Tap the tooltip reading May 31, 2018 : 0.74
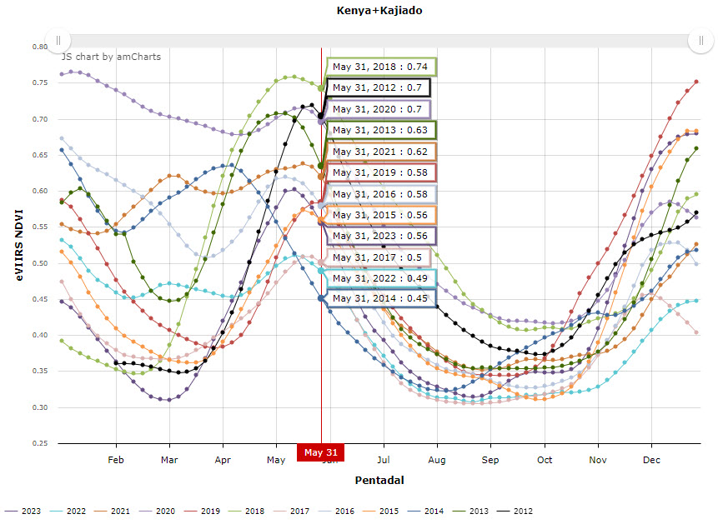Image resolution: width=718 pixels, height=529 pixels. click(380, 67)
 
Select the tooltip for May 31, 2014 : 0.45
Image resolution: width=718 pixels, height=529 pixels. click(380, 298)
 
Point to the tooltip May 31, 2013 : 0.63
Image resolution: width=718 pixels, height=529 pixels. click(380, 130)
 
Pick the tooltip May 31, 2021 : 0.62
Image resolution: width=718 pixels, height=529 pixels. click(380, 152)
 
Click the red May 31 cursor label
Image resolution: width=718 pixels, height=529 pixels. click(320, 452)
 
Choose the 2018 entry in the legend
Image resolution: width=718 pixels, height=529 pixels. click(248, 511)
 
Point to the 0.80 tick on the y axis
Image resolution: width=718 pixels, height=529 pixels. click(40, 47)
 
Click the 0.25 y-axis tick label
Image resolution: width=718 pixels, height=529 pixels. click(40, 444)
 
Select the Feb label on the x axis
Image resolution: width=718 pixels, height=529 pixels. click(116, 460)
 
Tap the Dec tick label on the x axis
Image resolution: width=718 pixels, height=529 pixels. click(651, 460)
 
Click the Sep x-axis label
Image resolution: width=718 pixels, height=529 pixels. click(490, 460)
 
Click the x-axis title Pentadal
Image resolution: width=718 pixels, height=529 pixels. click(379, 481)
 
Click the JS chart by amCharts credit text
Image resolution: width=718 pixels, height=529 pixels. click(111, 57)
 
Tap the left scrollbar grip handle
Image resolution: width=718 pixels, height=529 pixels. click(58, 40)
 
